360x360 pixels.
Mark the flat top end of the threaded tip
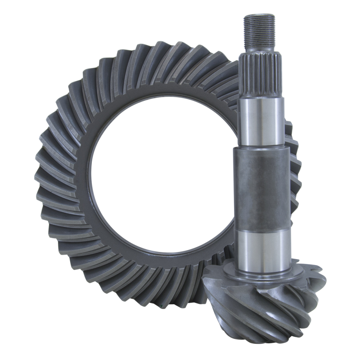coord(259,15)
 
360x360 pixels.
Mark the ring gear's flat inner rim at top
coord(166,92)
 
